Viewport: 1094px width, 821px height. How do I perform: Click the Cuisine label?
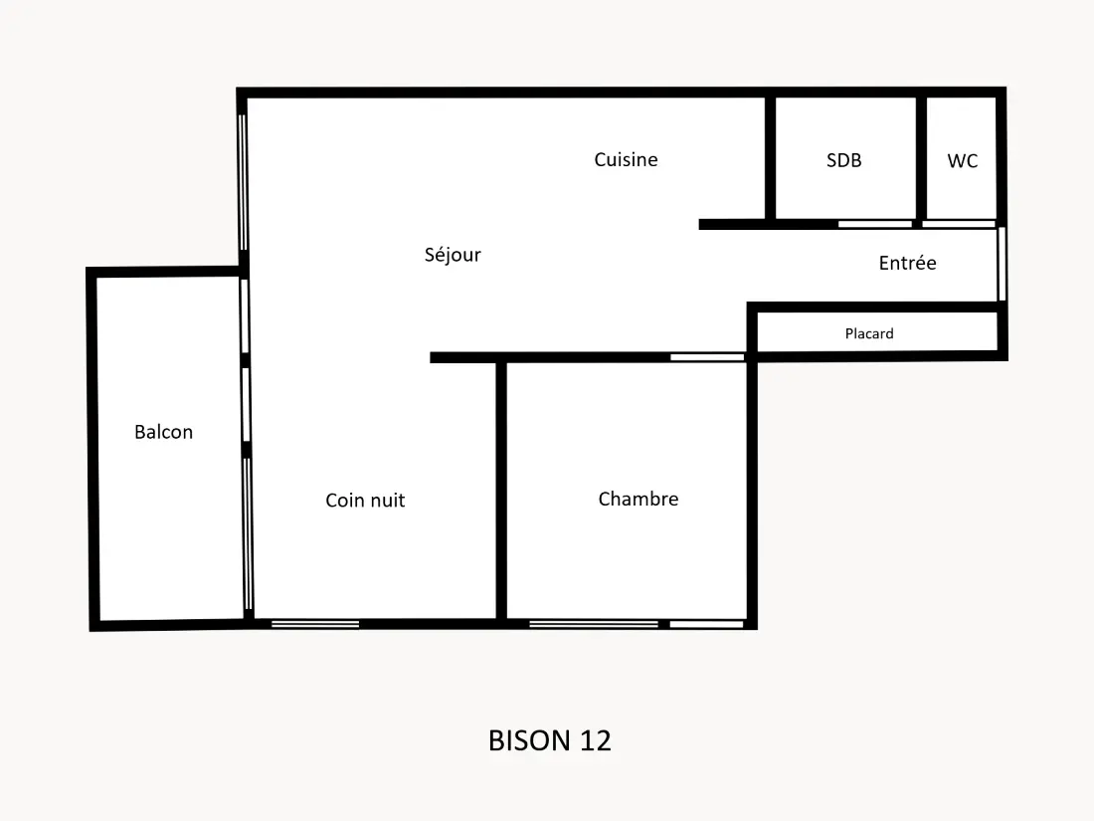coord(626,160)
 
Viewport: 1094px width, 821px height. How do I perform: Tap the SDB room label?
coord(843,160)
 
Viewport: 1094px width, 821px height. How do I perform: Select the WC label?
coord(962,161)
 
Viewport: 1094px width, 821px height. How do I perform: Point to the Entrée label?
coord(907,263)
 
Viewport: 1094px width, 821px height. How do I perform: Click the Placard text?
coord(868,333)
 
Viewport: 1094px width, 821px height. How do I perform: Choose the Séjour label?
coord(453,255)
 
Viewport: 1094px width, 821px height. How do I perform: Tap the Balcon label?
coord(163,432)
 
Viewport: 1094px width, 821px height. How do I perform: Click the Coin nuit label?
coord(365,500)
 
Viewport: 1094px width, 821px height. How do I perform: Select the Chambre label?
coord(638,499)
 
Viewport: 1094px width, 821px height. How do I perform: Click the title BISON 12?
coord(550,740)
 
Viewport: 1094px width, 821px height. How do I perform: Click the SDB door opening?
coord(875,224)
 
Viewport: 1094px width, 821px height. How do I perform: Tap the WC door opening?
coord(959,224)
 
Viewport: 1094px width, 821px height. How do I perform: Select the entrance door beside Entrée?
coord(1002,264)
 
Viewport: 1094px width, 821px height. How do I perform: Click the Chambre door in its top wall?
coord(707,357)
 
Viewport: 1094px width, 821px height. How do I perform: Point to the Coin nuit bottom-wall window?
coord(315,624)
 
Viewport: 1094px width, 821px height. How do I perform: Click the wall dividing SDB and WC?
coord(921,158)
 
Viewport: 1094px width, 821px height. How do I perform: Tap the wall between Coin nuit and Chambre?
coord(501,491)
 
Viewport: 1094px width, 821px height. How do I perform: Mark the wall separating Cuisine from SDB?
coord(770,158)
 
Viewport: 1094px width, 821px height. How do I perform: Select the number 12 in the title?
coord(595,740)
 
